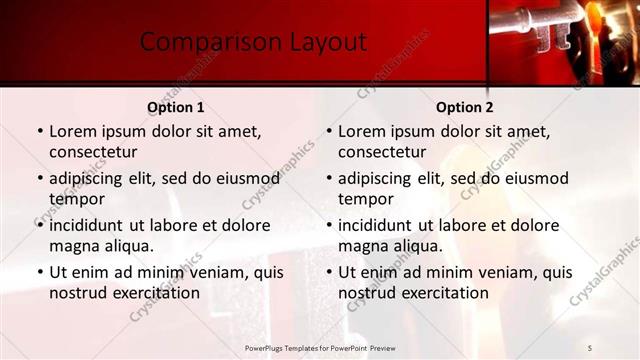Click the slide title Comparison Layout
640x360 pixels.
[253, 42]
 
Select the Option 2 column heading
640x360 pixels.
[464, 107]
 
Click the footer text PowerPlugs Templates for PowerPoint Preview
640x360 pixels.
[329, 347]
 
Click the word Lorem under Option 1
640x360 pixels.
[73, 131]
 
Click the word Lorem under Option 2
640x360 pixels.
[362, 131]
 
